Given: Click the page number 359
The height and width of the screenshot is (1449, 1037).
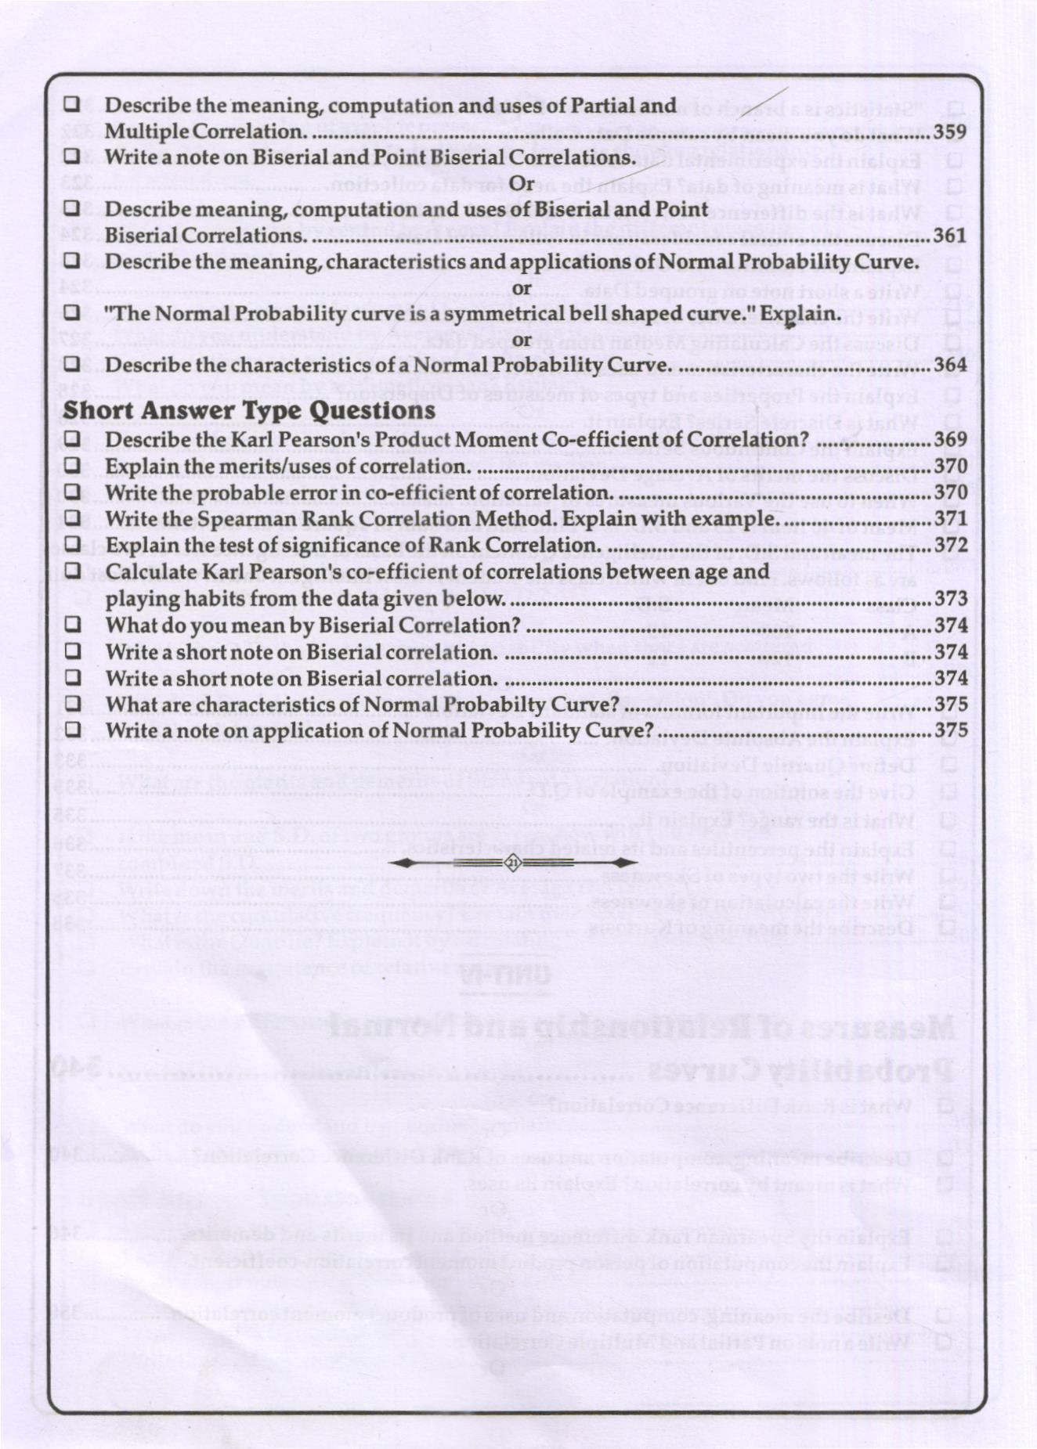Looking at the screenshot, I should [x=949, y=132].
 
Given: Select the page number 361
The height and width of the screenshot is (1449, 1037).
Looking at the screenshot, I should [x=949, y=236].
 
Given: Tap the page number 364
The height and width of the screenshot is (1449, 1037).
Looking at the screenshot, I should [x=950, y=366].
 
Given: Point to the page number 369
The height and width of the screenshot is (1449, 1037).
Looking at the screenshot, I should [x=950, y=440].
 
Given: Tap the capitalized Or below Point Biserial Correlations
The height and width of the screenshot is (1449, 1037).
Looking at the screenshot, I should [x=521, y=184].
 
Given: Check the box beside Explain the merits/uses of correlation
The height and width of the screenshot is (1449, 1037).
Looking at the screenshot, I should [x=73, y=466].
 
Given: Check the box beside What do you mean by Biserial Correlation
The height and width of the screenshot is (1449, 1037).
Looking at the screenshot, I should [x=73, y=625].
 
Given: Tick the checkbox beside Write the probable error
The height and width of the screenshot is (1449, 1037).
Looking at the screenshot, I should [x=73, y=492].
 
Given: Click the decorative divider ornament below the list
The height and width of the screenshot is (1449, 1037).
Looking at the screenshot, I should [x=514, y=863].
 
